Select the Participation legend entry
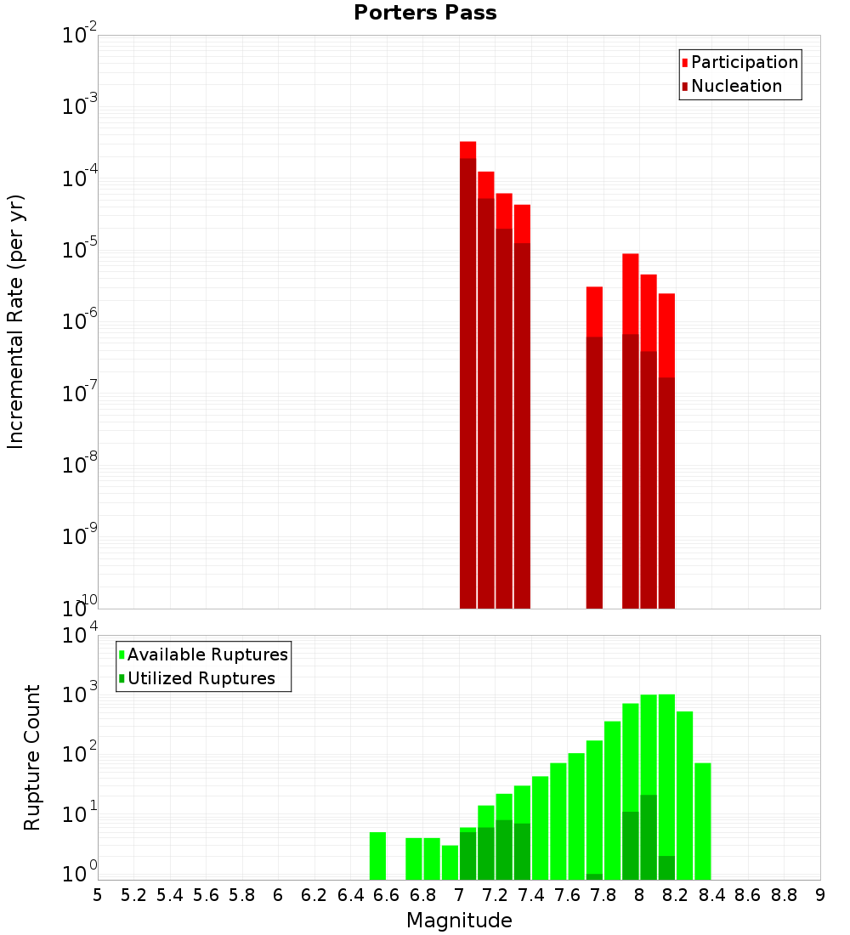[x=739, y=62]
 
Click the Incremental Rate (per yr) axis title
[x=15, y=321]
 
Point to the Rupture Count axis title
[x=32, y=756]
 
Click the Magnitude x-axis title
[x=459, y=921]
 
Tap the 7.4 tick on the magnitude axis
[x=531, y=895]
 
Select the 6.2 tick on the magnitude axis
[x=314, y=895]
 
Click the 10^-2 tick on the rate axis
[x=79, y=36]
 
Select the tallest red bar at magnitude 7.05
[x=467, y=374]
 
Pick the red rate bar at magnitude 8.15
[x=666, y=450]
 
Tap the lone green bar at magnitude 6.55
[x=377, y=856]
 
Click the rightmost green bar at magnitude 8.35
[x=702, y=821]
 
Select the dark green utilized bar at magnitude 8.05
[x=649, y=837]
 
